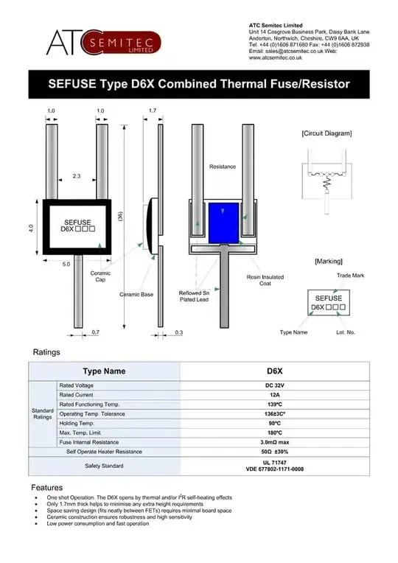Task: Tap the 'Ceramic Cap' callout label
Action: pyautogui.click(x=100, y=276)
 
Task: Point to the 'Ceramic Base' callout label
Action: pyautogui.click(x=136, y=294)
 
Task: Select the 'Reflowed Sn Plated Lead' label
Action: pyautogui.click(x=195, y=296)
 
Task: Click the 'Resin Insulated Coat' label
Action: pyautogui.click(x=263, y=281)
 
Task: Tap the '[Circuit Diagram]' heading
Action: pyautogui.click(x=327, y=133)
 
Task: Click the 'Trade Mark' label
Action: pyautogui.click(x=351, y=275)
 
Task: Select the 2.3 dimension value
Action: pyautogui.click(x=77, y=175)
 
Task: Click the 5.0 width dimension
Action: pyautogui.click(x=66, y=264)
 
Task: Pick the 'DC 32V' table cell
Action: pyautogui.click(x=274, y=385)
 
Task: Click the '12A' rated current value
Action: pyautogui.click(x=274, y=395)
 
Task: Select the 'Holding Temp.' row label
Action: pyautogui.click(x=77, y=423)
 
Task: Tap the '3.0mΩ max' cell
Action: pyautogui.click(x=274, y=441)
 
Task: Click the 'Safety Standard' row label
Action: pyautogui.click(x=104, y=466)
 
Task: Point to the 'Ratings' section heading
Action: pyautogui.click(x=46, y=352)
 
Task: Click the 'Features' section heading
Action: pyautogui.click(x=47, y=488)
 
